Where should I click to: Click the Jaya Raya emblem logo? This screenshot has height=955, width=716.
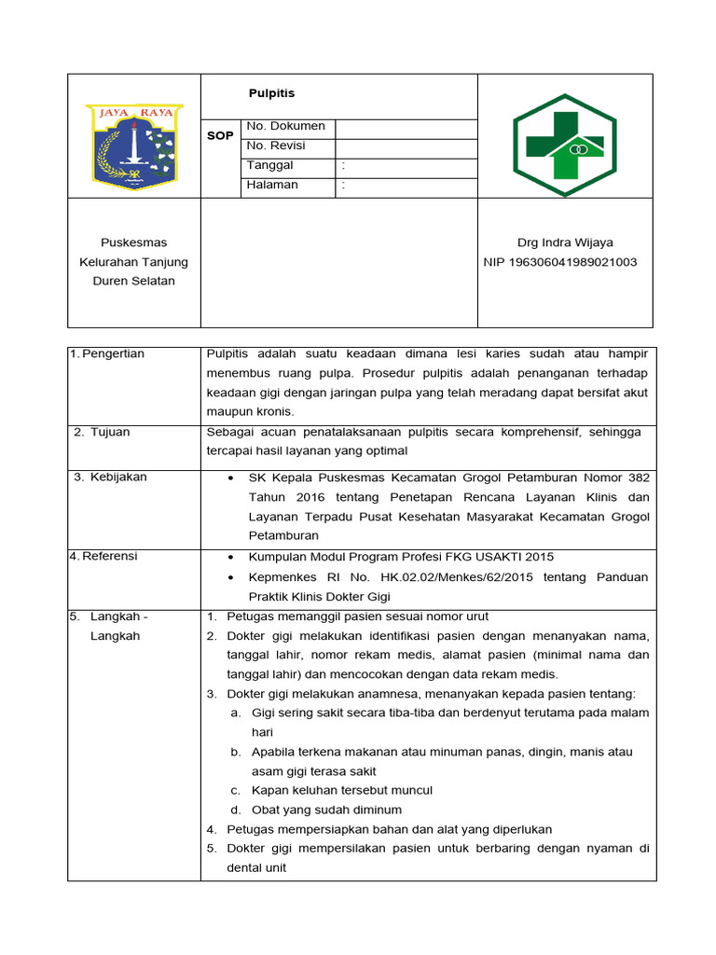[134, 145]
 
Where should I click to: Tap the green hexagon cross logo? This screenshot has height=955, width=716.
[565, 145]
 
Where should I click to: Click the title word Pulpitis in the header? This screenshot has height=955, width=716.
[271, 94]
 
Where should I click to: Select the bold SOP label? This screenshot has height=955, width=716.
[220, 136]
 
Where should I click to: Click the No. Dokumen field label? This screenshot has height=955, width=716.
[285, 126]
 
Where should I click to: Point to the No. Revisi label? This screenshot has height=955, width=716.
[276, 145]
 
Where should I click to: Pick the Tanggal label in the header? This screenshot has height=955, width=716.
[270, 165]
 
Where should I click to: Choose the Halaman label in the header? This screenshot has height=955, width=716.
[272, 185]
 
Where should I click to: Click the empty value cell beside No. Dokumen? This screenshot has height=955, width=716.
[406, 127]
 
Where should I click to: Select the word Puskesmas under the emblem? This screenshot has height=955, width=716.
[134, 242]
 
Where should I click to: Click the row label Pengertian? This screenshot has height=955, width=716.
[114, 353]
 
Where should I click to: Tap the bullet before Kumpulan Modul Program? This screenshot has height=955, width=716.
[230, 557]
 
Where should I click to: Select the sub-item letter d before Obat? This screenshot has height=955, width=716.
[236, 810]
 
